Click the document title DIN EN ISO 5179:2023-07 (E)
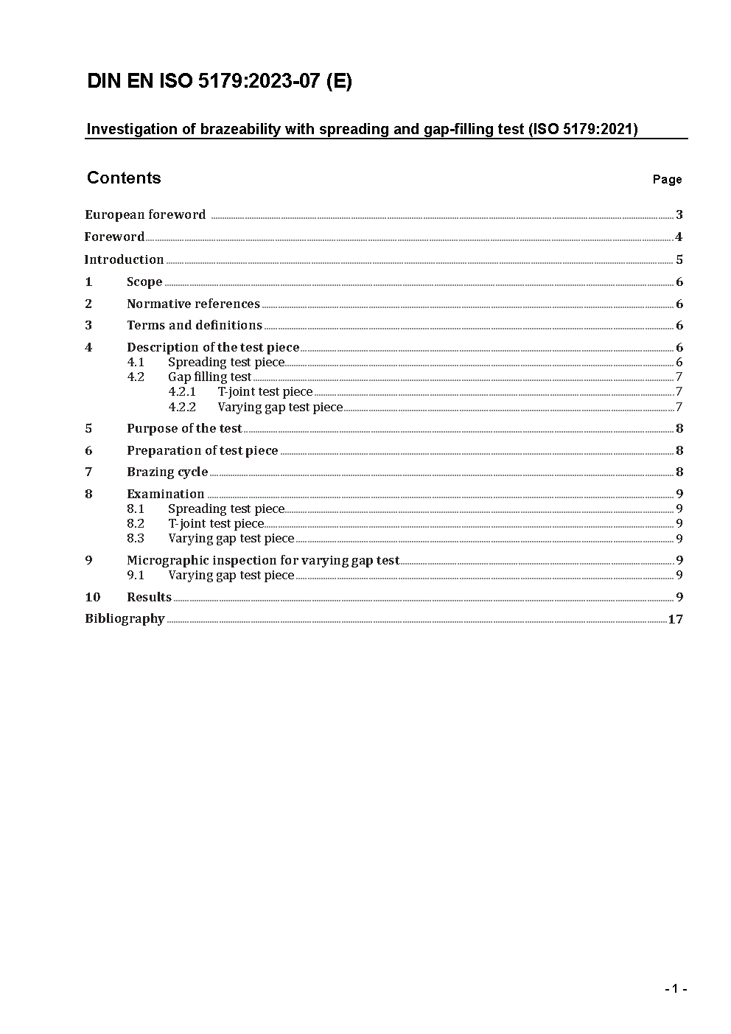(220, 82)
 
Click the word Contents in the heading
(124, 178)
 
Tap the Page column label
(667, 179)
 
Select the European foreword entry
(145, 214)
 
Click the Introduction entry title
(124, 259)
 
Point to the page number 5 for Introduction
(679, 259)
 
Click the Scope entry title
(144, 282)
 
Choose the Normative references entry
(193, 304)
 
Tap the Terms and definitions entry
(195, 325)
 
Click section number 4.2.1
(182, 392)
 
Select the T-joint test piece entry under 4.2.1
(265, 392)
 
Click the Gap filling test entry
(209, 377)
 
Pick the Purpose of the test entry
(184, 428)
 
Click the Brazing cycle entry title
(167, 472)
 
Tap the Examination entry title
(165, 494)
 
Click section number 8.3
(136, 538)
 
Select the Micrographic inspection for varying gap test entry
(263, 560)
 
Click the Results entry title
(149, 597)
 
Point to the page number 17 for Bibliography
(676, 619)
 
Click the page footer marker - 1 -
(676, 989)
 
